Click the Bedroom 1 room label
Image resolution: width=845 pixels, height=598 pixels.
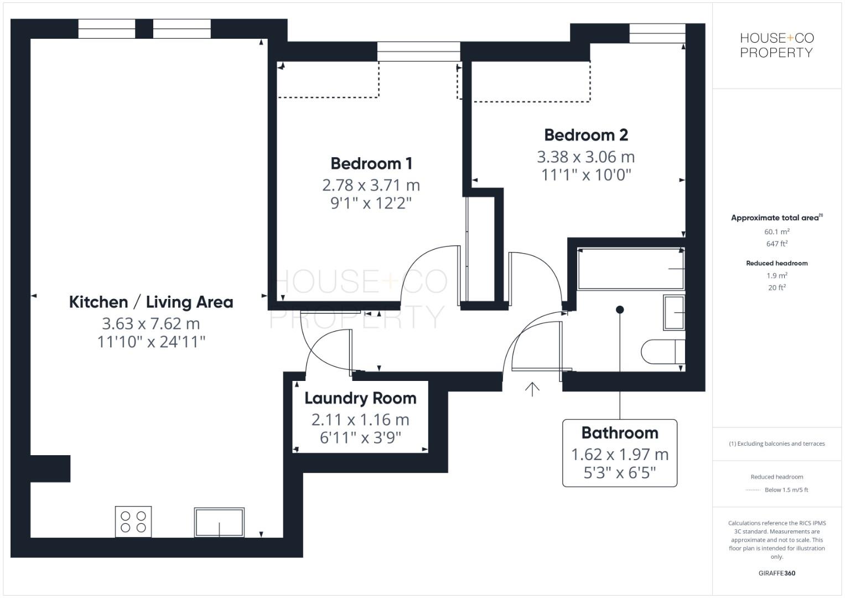371,163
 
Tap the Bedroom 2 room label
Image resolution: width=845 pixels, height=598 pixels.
586,135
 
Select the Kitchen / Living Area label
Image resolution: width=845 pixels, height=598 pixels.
151,302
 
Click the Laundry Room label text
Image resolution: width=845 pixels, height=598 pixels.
360,398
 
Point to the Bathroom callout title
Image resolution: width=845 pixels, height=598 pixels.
620,432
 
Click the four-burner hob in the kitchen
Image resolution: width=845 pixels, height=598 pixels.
133,522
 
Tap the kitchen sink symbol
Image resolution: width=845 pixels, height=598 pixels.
219,522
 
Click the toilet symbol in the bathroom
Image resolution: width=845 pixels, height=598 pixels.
662,351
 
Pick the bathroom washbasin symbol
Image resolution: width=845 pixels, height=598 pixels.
674,313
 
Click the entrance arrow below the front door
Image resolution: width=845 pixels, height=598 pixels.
532,389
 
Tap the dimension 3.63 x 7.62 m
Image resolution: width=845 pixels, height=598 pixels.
151,323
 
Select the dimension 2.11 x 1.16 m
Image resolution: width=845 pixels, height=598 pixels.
360,420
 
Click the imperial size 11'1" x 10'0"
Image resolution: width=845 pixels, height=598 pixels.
586,175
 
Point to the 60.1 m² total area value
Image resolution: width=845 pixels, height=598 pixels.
776,231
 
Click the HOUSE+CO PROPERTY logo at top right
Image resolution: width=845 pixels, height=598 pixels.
776,45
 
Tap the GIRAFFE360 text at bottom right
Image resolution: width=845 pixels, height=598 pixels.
776,573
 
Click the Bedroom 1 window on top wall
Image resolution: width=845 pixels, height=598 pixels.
418,51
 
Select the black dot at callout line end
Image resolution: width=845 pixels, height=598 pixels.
620,310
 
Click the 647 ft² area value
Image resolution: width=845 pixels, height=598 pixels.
776,244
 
